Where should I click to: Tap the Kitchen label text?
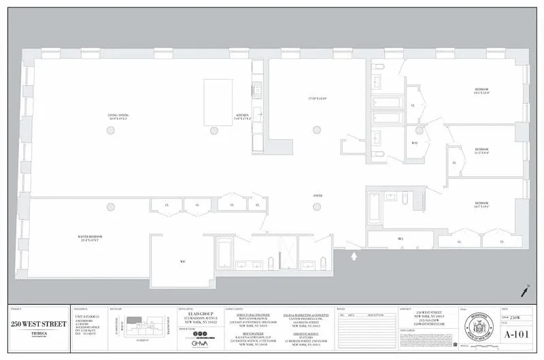243,116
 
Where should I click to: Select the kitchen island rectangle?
218,101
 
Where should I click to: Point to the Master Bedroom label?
90,238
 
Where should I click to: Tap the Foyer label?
317,196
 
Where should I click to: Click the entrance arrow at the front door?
354,256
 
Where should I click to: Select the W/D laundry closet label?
415,143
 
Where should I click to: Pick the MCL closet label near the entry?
401,239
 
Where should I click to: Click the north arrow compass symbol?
525,291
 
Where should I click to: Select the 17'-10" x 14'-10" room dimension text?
317,99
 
